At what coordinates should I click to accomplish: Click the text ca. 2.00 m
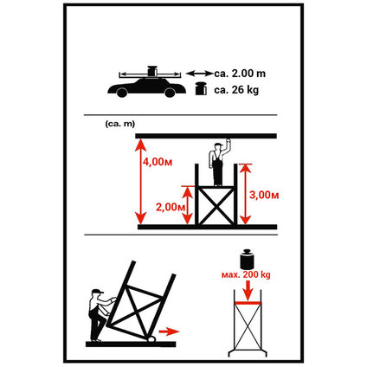[x=240, y=74]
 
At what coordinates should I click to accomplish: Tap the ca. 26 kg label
[x=236, y=90]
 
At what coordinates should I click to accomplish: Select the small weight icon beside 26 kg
[x=201, y=89]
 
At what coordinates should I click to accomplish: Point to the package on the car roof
[x=152, y=71]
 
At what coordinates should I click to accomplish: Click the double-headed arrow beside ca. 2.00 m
[x=199, y=74]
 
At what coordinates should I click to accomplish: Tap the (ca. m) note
[x=120, y=124]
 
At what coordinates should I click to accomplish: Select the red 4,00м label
[x=158, y=162]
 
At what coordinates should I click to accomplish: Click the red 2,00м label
[x=171, y=207]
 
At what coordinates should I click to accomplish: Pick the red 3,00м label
[x=264, y=196]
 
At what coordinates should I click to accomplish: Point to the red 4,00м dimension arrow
[x=141, y=182]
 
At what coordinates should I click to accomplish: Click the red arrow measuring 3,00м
[x=245, y=194]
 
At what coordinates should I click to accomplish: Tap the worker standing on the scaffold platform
[x=219, y=163]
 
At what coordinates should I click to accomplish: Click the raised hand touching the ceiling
[x=229, y=141]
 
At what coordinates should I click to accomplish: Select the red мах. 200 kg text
[x=246, y=274]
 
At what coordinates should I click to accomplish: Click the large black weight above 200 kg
[x=247, y=259]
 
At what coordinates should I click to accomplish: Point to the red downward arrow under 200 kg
[x=248, y=290]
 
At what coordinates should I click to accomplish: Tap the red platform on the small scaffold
[x=248, y=303]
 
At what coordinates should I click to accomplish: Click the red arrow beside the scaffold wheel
[x=169, y=332]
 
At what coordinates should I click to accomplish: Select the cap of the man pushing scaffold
[x=97, y=292]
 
